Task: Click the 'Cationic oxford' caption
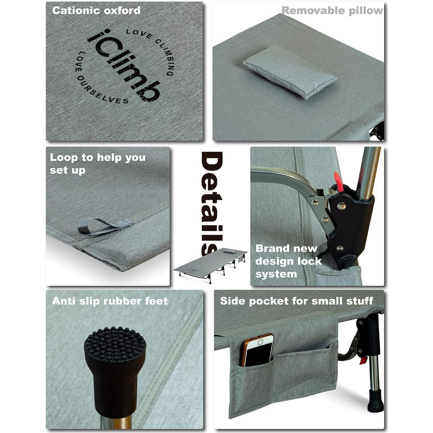click(96, 11)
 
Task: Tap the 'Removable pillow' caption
click(332, 11)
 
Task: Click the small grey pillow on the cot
click(290, 72)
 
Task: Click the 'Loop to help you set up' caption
click(97, 164)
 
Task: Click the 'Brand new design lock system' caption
click(288, 261)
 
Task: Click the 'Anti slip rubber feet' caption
click(110, 301)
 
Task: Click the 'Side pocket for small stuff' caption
click(296, 301)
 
